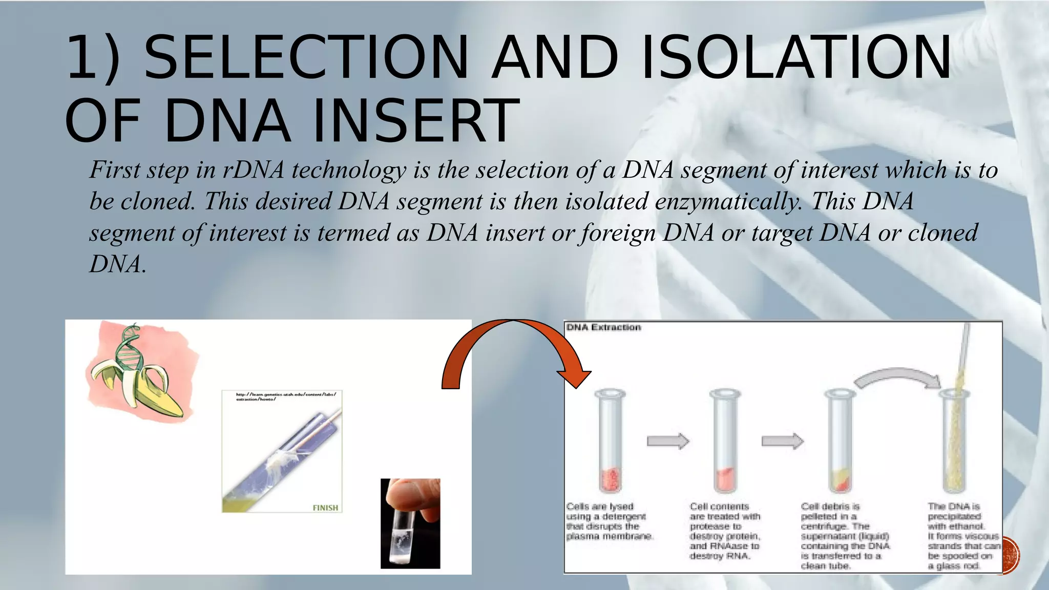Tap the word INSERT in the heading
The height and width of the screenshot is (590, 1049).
point(416,121)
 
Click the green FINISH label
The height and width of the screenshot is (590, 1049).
point(325,508)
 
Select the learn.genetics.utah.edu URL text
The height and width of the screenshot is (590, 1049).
point(285,396)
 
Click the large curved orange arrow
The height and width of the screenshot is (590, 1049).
point(512,348)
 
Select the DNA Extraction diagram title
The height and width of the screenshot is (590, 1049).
point(603,327)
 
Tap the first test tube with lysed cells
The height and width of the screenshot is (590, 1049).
point(610,440)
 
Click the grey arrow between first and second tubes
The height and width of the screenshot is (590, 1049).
point(667,441)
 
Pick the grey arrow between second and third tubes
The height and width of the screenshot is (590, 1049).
point(782,441)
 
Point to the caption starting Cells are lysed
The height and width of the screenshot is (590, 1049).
point(610,521)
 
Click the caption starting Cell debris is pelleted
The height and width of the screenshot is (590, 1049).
point(845,536)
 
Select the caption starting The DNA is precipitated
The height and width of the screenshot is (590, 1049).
point(963,536)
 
